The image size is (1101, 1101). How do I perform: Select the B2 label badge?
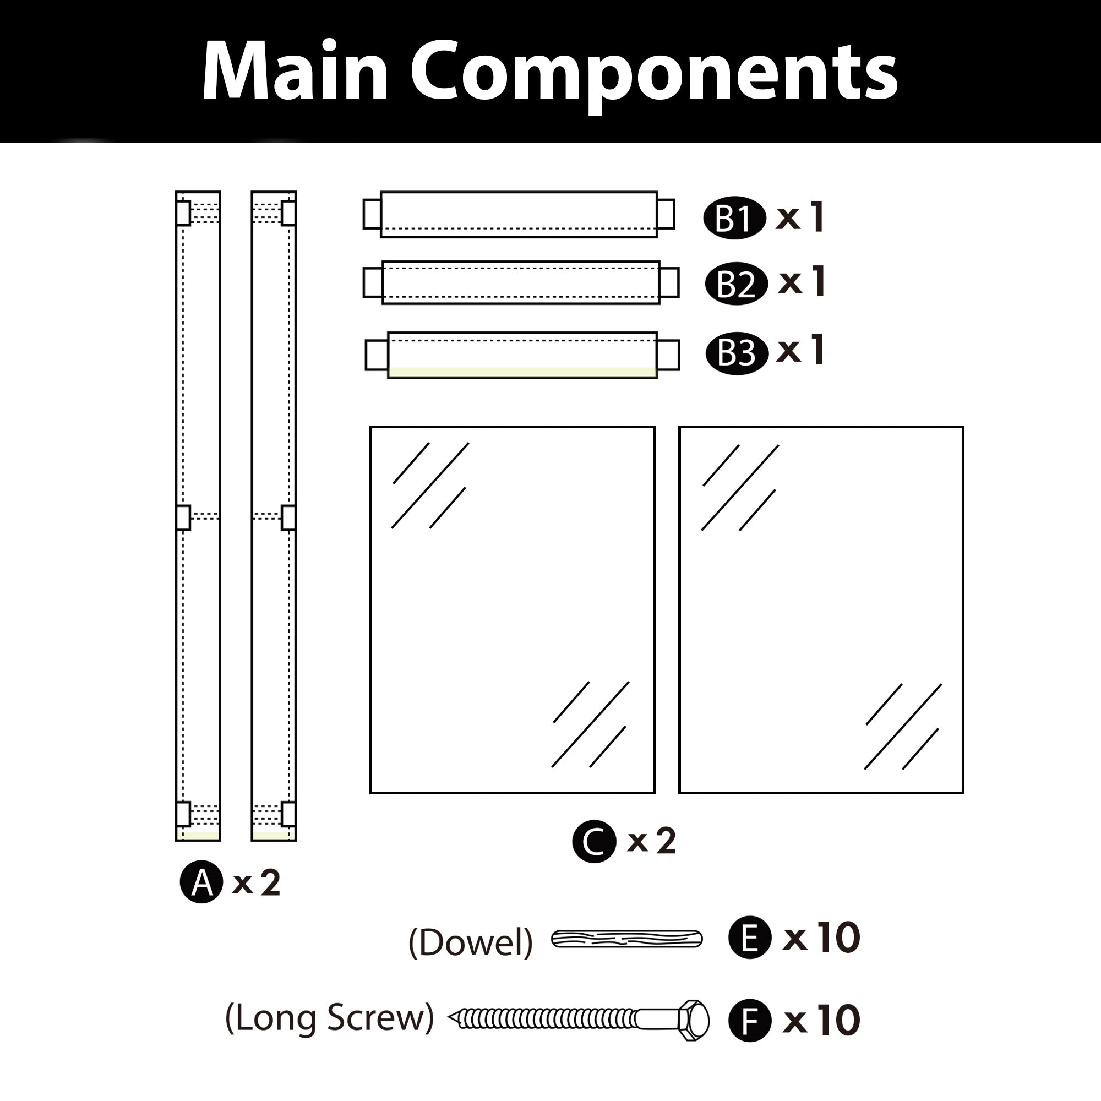[735, 283]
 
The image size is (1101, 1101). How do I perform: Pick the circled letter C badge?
[594, 841]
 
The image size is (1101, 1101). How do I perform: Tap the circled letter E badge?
[750, 938]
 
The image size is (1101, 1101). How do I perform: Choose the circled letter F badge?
[750, 1021]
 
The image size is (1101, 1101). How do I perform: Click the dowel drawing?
[626, 939]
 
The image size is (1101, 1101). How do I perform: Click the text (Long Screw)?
[329, 1018]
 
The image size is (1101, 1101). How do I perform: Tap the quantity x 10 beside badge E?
[821, 938]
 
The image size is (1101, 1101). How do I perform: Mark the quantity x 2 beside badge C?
[651, 841]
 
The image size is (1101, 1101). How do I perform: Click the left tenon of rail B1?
[372, 214]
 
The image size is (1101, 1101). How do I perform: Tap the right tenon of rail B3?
[668, 355]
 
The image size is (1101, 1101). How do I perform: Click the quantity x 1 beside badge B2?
[802, 282]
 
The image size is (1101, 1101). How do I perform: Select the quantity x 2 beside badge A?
[257, 883]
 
